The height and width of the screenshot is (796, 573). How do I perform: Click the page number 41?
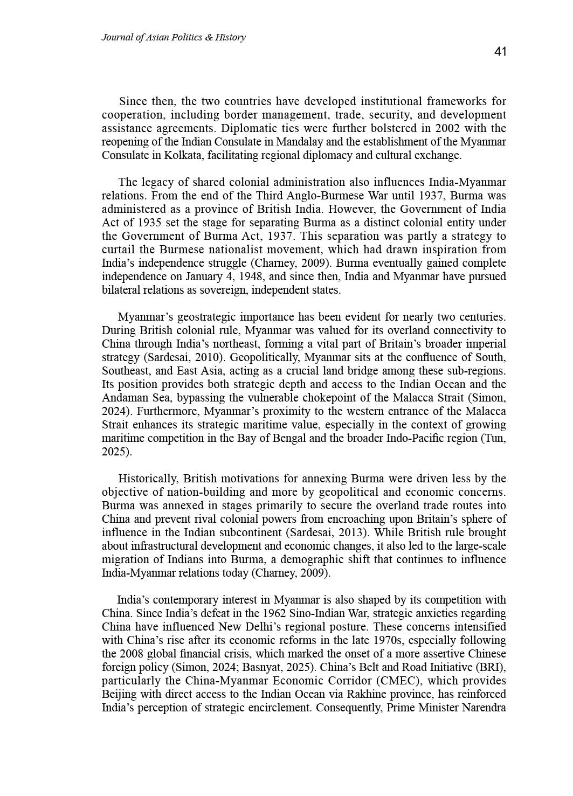click(500, 52)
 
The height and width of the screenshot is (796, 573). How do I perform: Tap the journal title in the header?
click(173, 37)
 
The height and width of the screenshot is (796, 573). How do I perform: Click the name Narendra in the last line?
click(484, 708)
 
